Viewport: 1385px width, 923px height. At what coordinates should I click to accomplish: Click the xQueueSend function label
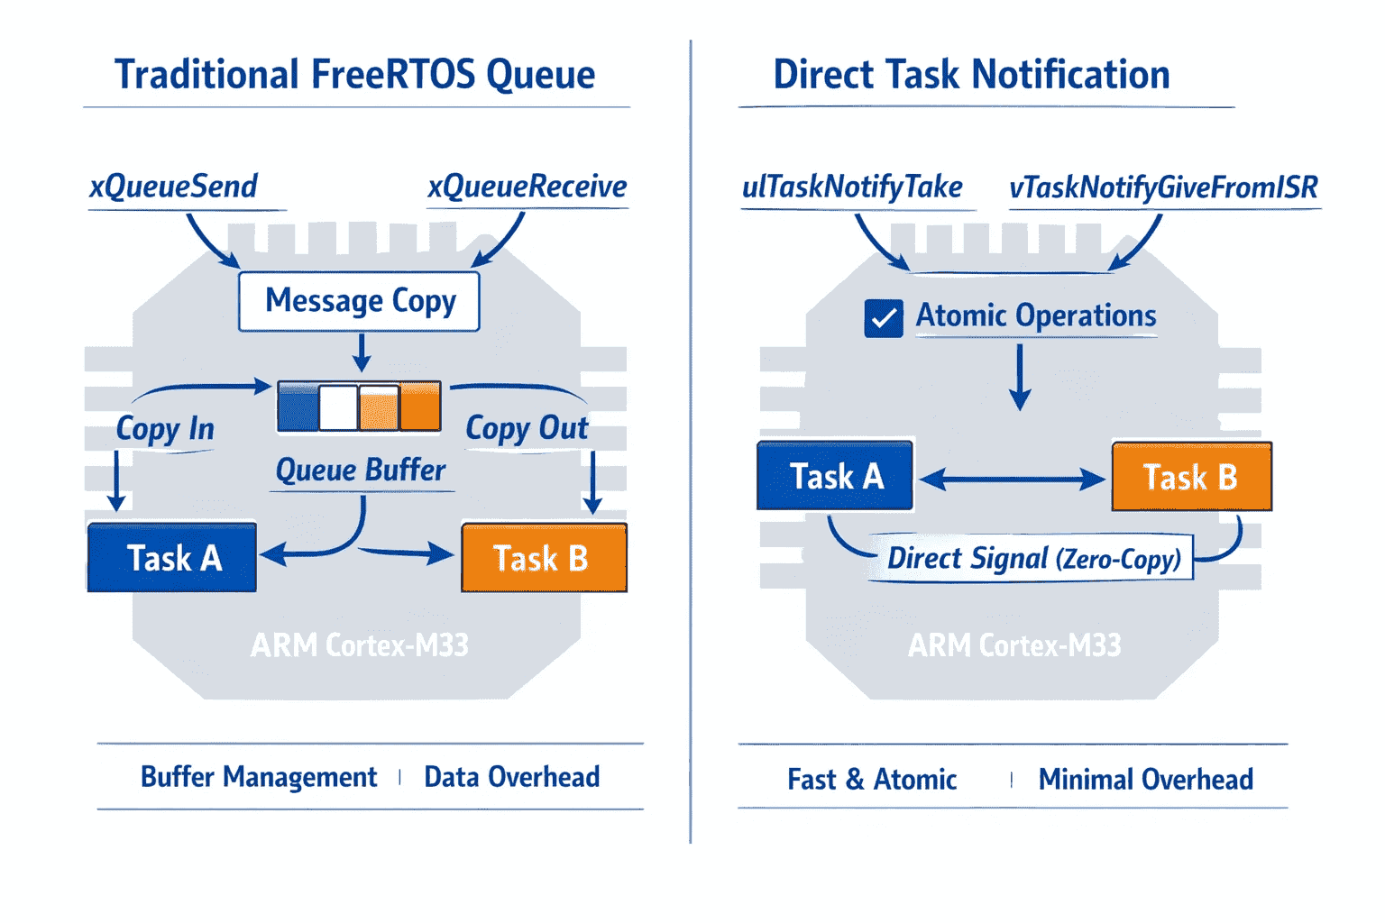pyautogui.click(x=174, y=186)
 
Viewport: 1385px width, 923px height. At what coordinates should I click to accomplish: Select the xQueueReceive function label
pyautogui.click(x=527, y=186)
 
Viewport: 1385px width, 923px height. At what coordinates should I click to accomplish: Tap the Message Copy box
pyautogui.click(x=359, y=301)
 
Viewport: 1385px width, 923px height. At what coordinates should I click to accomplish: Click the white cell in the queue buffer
pyautogui.click(x=338, y=407)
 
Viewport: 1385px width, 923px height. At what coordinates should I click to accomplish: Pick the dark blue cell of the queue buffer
pyautogui.click(x=298, y=407)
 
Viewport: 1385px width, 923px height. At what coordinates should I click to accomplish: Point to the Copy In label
pyautogui.click(x=165, y=428)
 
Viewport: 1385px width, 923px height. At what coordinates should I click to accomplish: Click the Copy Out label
pyautogui.click(x=527, y=428)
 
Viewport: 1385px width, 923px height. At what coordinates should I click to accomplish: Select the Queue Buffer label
pyautogui.click(x=361, y=470)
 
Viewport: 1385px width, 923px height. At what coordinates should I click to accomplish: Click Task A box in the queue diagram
pyautogui.click(x=172, y=558)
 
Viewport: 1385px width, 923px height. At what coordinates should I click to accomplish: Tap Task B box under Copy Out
pyautogui.click(x=544, y=558)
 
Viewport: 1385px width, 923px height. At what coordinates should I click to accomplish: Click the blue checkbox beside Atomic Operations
pyautogui.click(x=884, y=318)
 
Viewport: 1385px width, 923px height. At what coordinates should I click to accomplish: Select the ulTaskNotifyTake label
pyautogui.click(x=852, y=187)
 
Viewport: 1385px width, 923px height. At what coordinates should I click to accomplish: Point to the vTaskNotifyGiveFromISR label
pyautogui.click(x=1164, y=187)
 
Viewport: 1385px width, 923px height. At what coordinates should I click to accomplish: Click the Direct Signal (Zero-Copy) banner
pyautogui.click(x=1031, y=558)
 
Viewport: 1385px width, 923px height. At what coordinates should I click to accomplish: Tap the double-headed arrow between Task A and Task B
pyautogui.click(x=1013, y=480)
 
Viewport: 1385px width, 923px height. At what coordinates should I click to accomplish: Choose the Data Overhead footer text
pyautogui.click(x=512, y=777)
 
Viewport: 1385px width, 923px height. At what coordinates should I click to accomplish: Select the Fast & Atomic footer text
pyautogui.click(x=872, y=779)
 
